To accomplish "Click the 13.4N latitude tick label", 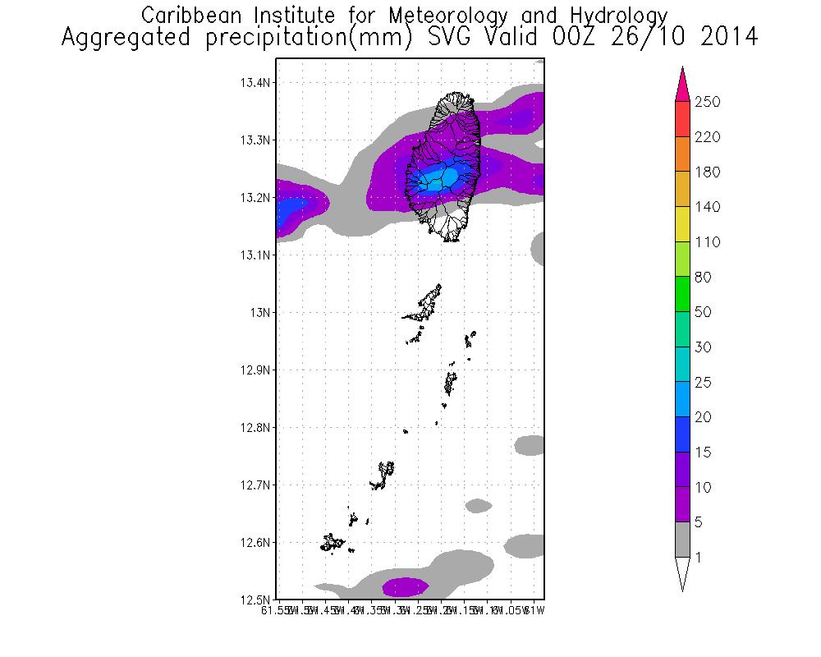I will [256, 83].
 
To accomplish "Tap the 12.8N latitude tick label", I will [256, 428].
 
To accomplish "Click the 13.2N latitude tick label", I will [256, 198].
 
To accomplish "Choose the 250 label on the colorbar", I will [707, 102].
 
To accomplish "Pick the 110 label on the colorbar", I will [707, 242].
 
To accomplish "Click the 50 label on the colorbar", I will [704, 313].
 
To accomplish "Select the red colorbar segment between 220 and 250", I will [681, 119].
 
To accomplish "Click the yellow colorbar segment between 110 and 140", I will [681, 224].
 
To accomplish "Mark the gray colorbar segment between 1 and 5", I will [681, 540].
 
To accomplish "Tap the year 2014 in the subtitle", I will [727, 38].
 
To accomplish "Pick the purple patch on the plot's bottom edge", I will [405, 586].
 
